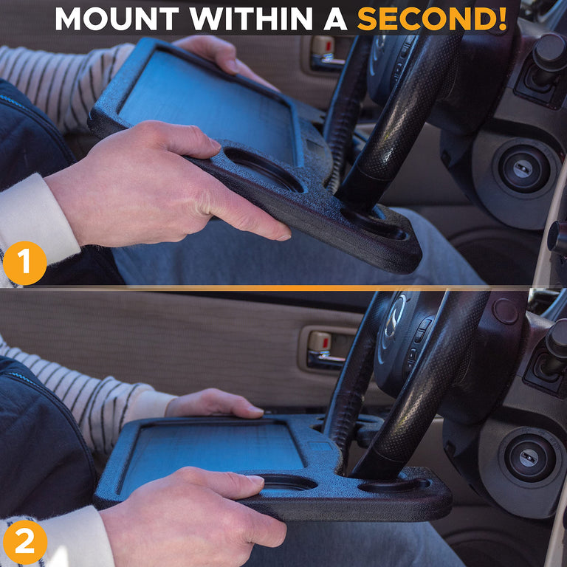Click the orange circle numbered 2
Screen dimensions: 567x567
coord(24,542)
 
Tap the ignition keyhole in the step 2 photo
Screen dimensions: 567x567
coord(529,458)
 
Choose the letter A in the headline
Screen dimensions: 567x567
coord(334,18)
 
